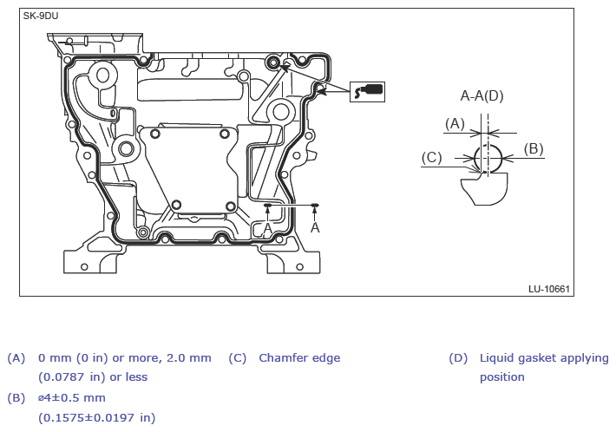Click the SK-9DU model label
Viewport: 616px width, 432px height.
[x=41, y=16]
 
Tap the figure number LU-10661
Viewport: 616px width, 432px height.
[x=549, y=289]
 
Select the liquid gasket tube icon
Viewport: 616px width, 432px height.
[x=367, y=92]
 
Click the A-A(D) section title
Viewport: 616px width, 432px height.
[x=482, y=95]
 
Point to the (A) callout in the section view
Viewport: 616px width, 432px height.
[x=455, y=124]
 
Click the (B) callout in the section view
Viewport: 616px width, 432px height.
[x=534, y=149]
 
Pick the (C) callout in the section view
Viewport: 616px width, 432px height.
[x=431, y=158]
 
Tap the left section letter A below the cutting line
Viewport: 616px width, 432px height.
[x=267, y=228]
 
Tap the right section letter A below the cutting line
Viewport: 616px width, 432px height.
[x=315, y=227]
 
